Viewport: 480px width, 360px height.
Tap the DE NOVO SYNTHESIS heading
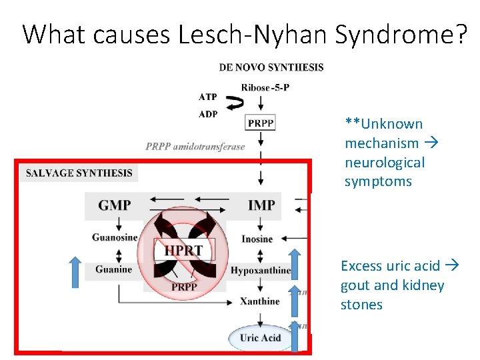click(271, 67)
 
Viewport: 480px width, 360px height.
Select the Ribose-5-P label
click(265, 87)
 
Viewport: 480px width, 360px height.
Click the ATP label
click(208, 97)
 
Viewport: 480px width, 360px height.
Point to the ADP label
click(208, 114)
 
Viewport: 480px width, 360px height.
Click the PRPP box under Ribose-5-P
click(260, 123)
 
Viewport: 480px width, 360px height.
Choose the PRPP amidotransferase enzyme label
click(195, 147)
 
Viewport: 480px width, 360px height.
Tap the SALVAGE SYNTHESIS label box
click(79, 173)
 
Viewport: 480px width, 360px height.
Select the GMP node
click(115, 205)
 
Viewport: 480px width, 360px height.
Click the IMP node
click(261, 205)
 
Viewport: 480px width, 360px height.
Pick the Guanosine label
click(115, 238)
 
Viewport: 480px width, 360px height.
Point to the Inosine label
click(257, 239)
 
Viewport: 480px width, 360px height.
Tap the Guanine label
click(113, 269)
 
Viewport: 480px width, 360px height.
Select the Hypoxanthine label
click(261, 270)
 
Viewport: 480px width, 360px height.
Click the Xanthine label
click(260, 301)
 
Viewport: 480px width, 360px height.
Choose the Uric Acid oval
click(261, 337)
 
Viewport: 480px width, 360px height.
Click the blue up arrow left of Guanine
click(76, 273)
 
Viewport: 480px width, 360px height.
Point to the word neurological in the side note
click(384, 162)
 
